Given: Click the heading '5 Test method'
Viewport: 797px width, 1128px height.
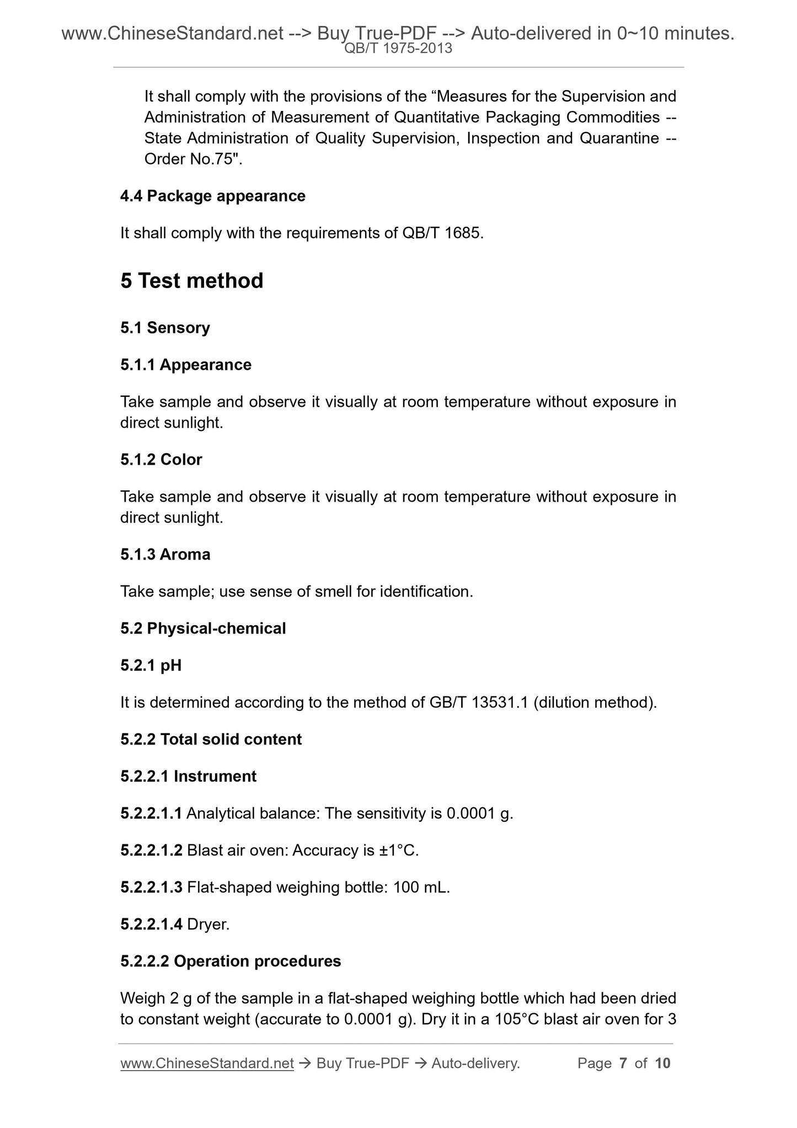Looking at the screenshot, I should (x=191, y=281).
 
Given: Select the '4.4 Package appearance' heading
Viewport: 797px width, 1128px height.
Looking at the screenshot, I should (x=212, y=196).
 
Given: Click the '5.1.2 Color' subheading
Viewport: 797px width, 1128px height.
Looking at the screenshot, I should (x=161, y=460).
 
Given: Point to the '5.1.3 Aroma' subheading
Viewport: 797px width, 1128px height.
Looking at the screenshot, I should (x=165, y=554).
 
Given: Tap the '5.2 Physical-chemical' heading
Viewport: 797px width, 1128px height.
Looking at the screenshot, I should (x=203, y=629).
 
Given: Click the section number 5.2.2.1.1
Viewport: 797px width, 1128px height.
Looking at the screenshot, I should (x=151, y=813).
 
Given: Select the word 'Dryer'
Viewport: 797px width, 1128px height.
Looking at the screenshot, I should (x=208, y=924).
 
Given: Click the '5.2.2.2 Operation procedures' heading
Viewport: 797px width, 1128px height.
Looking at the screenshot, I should (x=231, y=961).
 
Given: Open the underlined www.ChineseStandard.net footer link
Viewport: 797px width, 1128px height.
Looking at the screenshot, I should (x=207, y=1063).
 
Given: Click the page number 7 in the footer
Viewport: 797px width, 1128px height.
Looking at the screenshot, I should (x=623, y=1063).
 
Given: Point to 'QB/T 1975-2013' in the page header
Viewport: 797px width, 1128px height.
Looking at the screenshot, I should (x=398, y=49).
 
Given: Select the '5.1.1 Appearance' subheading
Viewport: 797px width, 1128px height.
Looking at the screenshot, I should (x=186, y=365).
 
